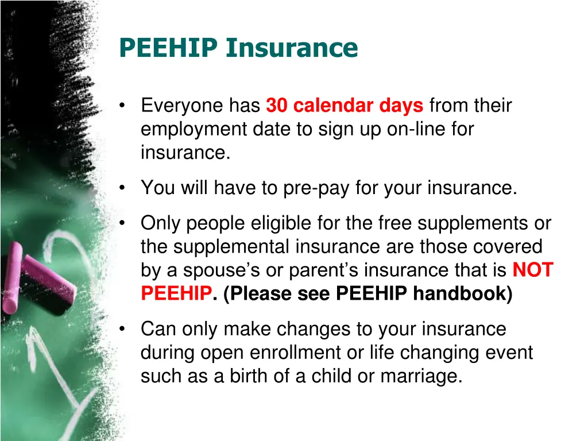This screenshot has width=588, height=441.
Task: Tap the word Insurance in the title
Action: [x=292, y=48]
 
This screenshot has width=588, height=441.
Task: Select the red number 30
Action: [x=277, y=106]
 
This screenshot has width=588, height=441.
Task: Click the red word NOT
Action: [x=532, y=270]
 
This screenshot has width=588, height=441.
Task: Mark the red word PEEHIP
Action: [x=176, y=293]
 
